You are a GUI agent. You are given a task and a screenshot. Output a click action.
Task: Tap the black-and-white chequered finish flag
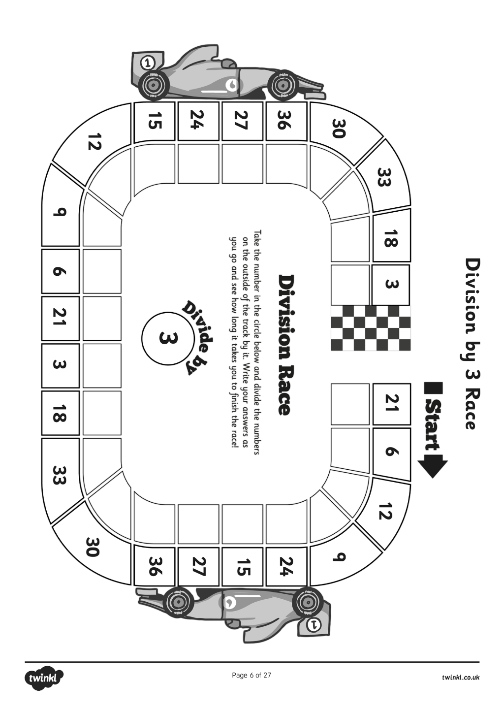click(x=371, y=328)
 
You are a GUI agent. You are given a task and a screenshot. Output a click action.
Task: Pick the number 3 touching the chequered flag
click(x=391, y=284)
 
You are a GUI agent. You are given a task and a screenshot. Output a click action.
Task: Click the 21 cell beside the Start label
click(x=392, y=403)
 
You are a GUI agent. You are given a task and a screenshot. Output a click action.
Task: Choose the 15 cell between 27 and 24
click(x=243, y=566)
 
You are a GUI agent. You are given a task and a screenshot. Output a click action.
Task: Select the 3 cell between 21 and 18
click(x=60, y=364)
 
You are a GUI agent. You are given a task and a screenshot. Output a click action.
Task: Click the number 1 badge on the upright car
click(x=147, y=63)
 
